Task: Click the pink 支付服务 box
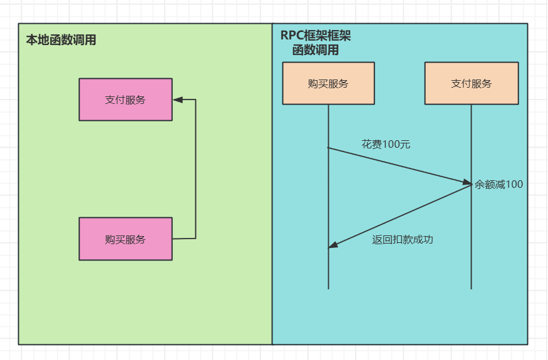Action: click(125, 99)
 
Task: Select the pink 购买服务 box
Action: click(125, 239)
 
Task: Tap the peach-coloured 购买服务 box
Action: click(328, 83)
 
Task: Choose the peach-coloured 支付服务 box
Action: click(471, 83)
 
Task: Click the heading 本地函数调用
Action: click(61, 40)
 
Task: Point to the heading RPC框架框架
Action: click(316, 36)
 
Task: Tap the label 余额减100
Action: click(499, 184)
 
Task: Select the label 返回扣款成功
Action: click(403, 239)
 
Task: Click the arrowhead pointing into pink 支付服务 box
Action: click(177, 99)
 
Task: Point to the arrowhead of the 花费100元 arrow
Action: click(467, 183)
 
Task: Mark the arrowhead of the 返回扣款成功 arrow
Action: click(333, 245)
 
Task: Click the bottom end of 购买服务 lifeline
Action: click(328, 288)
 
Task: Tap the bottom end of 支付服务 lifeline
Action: click(471, 288)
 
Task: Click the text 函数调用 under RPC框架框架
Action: click(316, 50)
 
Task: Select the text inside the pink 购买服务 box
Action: click(125, 239)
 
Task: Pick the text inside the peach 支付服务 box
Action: click(471, 84)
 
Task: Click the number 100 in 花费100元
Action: click(391, 144)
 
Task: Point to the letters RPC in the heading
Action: click(292, 36)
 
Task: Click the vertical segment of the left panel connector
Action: click(195, 169)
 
